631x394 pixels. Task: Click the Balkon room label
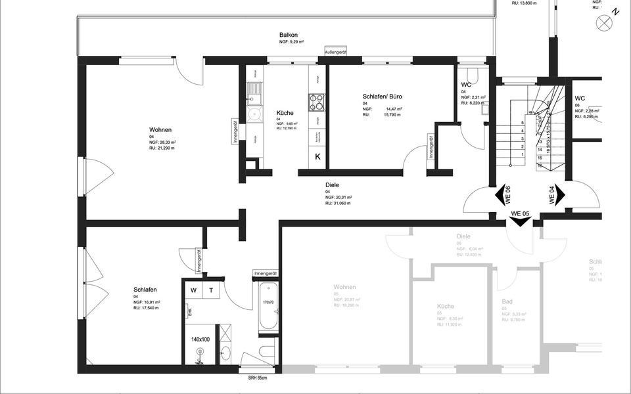click(289, 35)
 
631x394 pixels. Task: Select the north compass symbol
click(603, 22)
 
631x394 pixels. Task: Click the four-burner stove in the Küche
click(316, 102)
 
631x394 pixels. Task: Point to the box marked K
click(317, 156)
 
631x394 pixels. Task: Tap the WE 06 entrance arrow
click(505, 195)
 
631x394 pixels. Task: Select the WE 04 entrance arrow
click(555, 195)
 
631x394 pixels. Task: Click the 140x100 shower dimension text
click(200, 339)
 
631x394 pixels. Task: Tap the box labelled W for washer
click(194, 291)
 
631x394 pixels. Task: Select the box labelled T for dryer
click(211, 291)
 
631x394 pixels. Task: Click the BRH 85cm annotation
click(256, 378)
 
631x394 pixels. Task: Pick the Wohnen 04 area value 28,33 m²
click(162, 142)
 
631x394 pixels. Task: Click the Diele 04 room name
click(332, 185)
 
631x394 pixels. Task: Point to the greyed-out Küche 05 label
click(450, 306)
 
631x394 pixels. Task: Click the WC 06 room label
click(580, 98)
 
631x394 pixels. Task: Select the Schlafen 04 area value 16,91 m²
click(147, 302)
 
